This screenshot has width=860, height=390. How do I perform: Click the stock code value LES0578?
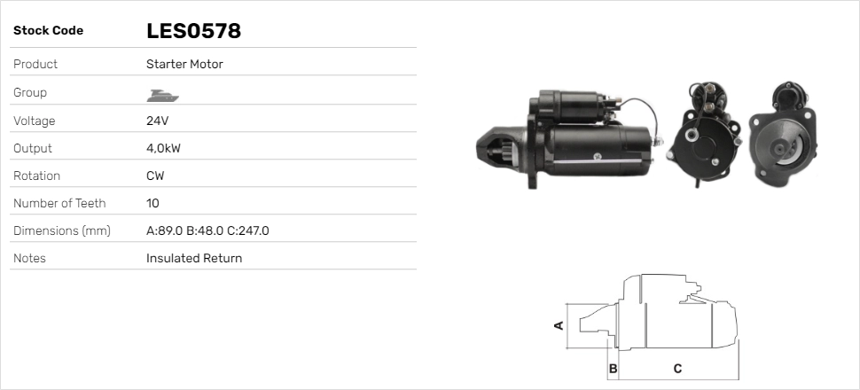(193, 31)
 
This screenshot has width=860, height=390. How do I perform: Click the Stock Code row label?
(48, 31)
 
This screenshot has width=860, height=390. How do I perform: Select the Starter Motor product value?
(184, 64)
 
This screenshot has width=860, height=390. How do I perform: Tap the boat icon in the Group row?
(163, 96)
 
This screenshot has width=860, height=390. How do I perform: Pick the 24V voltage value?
(158, 121)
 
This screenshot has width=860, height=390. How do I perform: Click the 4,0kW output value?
(163, 149)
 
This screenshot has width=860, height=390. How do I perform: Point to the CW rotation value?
(155, 176)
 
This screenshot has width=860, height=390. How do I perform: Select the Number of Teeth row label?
(59, 204)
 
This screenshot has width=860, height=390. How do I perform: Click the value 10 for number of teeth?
(152, 204)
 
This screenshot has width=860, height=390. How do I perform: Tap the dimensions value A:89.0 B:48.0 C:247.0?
(207, 231)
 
